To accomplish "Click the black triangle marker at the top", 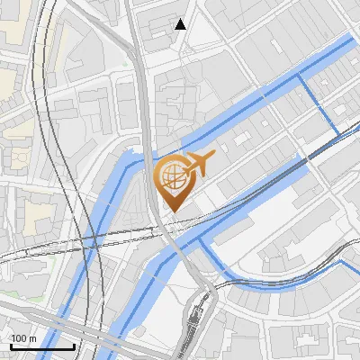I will point(181,24).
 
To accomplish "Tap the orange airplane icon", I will point(199,164).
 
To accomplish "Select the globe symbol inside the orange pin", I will point(171,175).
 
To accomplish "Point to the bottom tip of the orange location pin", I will point(173,211).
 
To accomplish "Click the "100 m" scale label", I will point(23,338).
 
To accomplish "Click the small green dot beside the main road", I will point(125,64).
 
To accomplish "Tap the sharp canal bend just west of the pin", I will point(126,162).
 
